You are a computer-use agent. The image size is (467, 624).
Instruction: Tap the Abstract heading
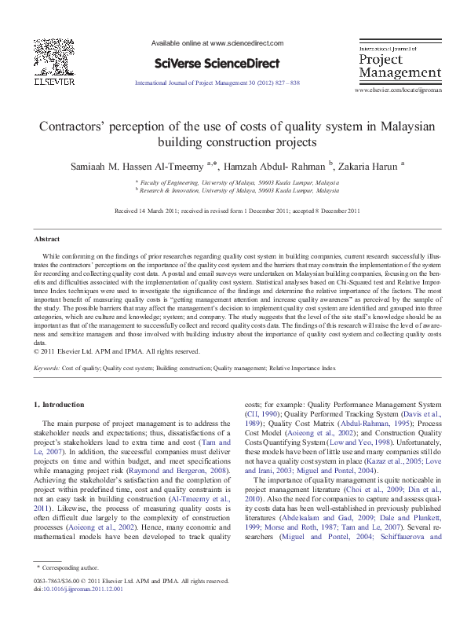[46, 239]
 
